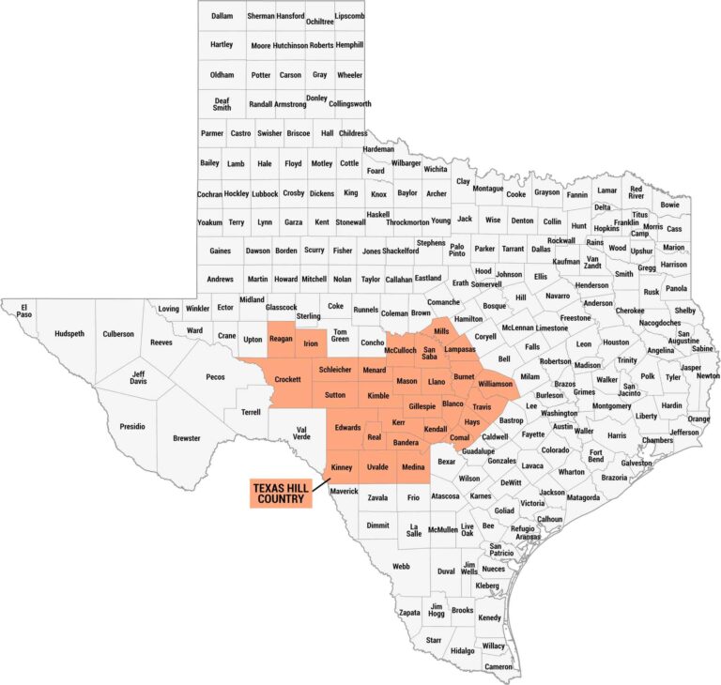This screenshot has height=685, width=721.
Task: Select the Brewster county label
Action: (x=187, y=438)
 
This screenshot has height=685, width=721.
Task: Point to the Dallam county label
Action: (x=222, y=16)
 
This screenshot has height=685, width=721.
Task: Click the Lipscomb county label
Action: (x=349, y=16)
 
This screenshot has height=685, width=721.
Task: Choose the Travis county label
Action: (x=482, y=406)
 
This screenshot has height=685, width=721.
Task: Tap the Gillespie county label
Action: (x=422, y=406)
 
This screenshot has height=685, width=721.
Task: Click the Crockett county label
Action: (x=287, y=378)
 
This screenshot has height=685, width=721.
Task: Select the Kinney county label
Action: (x=342, y=467)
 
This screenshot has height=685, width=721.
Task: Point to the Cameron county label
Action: (x=499, y=666)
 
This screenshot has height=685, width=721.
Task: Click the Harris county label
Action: (x=617, y=435)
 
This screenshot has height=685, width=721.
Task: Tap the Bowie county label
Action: (x=669, y=205)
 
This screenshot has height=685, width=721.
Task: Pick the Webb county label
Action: (x=401, y=566)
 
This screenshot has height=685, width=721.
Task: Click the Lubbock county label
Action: (x=265, y=193)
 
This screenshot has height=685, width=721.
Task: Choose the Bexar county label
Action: (x=447, y=461)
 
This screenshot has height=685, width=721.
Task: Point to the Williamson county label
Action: (x=495, y=384)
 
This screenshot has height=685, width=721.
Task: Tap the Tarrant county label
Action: (x=513, y=249)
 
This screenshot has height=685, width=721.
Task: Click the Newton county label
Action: (x=708, y=375)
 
